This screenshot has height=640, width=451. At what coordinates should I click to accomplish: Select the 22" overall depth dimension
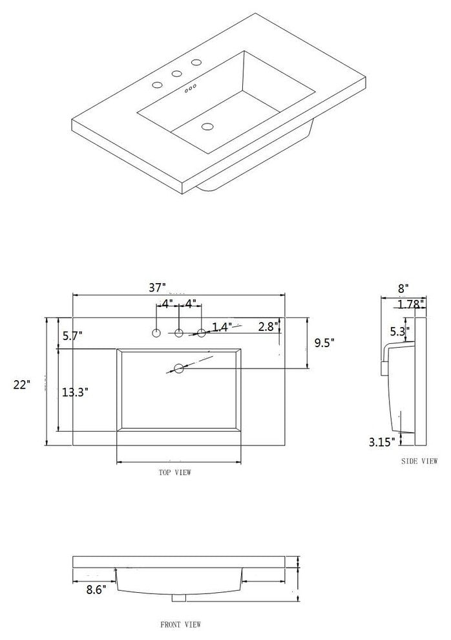22,385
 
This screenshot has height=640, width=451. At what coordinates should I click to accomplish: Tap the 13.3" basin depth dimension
76,392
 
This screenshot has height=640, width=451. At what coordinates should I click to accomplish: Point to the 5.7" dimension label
73,335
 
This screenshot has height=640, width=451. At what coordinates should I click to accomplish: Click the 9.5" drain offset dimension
324,343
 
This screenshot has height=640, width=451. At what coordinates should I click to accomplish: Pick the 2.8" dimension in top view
268,325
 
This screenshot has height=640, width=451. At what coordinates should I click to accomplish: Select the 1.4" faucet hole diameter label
222,327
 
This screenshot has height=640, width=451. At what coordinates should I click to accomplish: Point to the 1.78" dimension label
411,303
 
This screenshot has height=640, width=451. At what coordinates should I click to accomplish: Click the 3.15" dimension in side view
381,442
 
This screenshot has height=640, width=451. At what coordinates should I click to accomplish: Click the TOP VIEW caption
174,473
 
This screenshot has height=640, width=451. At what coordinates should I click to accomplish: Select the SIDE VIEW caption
419,461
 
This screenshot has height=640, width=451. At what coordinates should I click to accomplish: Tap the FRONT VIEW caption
180,624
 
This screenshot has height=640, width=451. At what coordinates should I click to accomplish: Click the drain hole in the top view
179,369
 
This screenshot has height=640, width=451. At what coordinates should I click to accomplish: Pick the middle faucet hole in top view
179,333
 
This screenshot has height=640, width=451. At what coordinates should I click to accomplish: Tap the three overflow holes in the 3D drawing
191,89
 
